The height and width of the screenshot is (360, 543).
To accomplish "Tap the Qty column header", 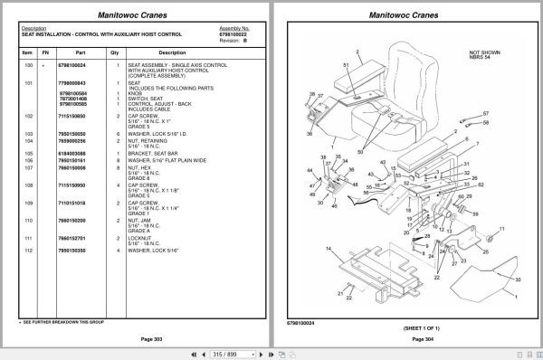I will click(x=114, y=52).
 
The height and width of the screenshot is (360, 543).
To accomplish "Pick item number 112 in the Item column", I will click(x=29, y=250).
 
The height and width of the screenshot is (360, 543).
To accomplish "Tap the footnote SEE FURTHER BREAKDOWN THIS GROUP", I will click(x=62, y=321).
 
